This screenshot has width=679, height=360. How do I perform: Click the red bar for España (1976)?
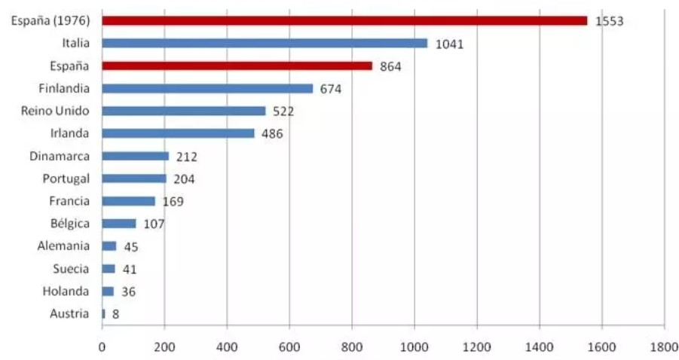[x=344, y=21]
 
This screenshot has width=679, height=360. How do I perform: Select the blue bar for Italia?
[x=264, y=44]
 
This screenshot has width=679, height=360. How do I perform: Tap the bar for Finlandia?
[x=206, y=89]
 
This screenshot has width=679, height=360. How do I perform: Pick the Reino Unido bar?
[x=183, y=111]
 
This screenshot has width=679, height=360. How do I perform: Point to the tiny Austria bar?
[x=103, y=313]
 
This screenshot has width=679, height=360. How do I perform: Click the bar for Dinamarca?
[x=135, y=156]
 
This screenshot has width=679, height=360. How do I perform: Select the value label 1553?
[x=609, y=21]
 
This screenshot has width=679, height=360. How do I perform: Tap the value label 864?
[x=390, y=66]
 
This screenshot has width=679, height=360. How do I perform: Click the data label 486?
[x=272, y=134]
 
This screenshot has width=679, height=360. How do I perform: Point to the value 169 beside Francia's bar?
[x=173, y=202]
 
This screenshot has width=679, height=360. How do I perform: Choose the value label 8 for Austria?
[x=115, y=314]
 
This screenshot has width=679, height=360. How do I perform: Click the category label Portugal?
[x=66, y=178]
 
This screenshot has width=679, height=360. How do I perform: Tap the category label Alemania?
[x=63, y=246]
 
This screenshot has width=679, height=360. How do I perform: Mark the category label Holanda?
[x=66, y=291]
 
